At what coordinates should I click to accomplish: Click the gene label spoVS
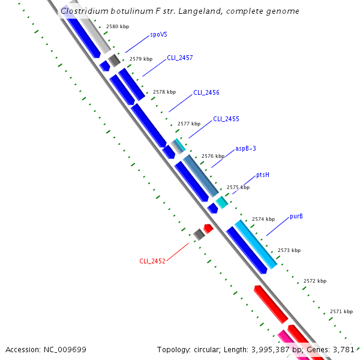159,35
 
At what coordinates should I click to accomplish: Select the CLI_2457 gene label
180,58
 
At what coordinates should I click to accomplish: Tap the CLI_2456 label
206,93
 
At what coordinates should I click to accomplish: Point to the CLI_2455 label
226,119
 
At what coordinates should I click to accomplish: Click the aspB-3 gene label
246,149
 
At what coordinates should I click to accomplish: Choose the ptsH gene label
263,175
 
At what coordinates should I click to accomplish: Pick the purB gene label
296,216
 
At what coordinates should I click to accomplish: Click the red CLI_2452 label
152,261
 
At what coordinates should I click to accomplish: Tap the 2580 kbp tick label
117,27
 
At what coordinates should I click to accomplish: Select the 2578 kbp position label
164,92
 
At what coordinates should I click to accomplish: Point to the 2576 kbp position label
213,156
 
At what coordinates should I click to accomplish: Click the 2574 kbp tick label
263,220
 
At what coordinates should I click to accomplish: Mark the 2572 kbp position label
315,281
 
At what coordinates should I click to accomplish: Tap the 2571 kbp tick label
341,311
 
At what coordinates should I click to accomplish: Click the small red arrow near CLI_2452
208,228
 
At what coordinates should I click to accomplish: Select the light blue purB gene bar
256,244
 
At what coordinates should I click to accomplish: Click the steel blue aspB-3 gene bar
200,175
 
